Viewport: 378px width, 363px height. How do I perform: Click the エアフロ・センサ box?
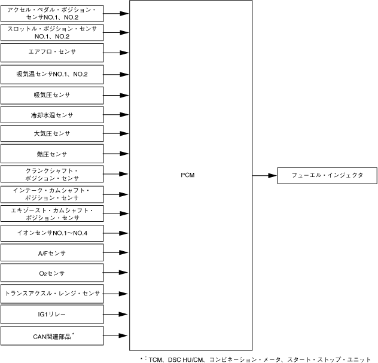[x=52, y=53]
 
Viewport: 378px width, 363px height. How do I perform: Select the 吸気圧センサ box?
[x=52, y=95]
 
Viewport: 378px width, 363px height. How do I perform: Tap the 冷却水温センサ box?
[x=52, y=114]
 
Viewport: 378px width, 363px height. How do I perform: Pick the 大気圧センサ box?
[x=52, y=133]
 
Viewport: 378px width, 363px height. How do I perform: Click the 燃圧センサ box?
[x=52, y=154]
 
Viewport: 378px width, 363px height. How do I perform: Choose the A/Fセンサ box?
[x=52, y=254]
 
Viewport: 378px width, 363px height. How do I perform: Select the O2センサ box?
[x=52, y=273]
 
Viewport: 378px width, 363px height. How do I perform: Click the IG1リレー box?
[x=52, y=313]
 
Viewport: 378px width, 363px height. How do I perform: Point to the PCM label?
[x=188, y=175]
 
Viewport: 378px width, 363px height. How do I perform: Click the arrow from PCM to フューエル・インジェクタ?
[x=264, y=175]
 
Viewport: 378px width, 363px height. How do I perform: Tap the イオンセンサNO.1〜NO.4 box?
[x=52, y=233]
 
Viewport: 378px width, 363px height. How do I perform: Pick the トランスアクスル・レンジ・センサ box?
[x=52, y=294]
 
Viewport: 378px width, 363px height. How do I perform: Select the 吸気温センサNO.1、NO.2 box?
[x=52, y=74]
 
